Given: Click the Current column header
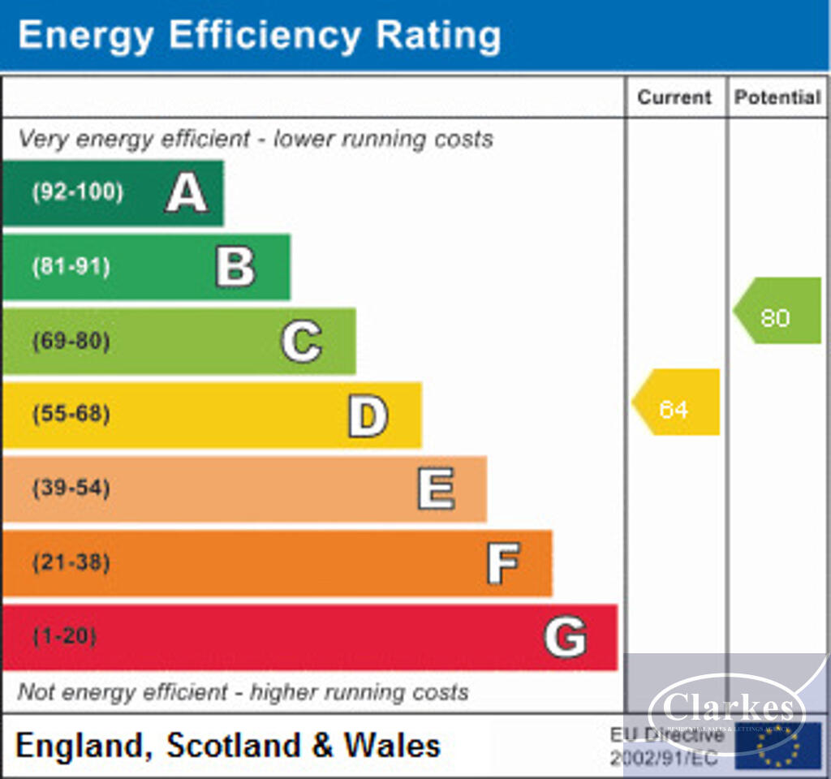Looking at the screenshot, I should point(674,97).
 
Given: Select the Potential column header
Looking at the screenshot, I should point(777,97).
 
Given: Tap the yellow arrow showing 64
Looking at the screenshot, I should point(675,402).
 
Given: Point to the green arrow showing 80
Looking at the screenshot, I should point(777,311).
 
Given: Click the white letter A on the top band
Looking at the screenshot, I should point(187,193).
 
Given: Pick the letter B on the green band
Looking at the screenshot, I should point(235,267).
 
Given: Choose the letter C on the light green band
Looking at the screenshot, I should point(301,341).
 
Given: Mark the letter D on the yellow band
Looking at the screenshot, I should point(368,415).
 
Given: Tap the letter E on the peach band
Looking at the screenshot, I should point(436,489).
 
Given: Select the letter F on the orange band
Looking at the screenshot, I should point(503,563).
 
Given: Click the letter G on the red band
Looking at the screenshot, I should point(565,637).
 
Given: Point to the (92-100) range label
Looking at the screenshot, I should point(78,193).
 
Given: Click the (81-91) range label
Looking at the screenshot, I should point(71,267).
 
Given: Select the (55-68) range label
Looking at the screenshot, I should point(71,415).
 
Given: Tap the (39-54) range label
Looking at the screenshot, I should point(71,488).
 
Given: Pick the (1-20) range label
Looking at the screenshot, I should point(64,636).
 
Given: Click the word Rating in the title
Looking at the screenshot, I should point(438,36).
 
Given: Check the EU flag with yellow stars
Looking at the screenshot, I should point(777,746).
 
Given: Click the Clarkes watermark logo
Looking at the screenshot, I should point(728,710).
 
